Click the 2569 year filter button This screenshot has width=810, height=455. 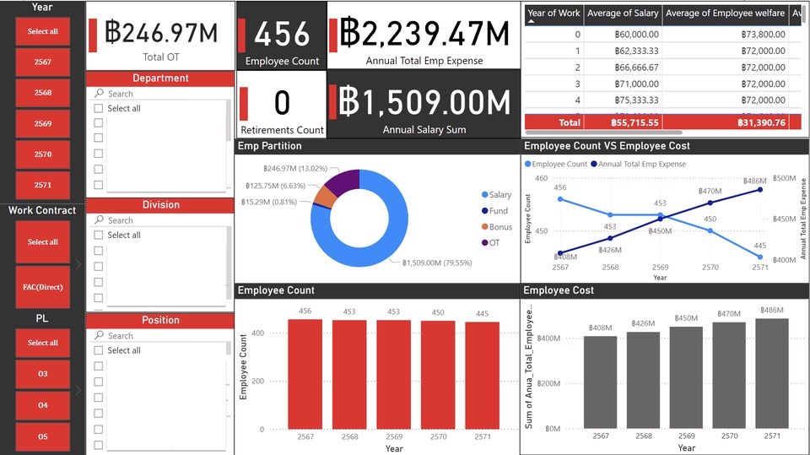(42, 123)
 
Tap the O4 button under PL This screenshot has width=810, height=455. (42, 405)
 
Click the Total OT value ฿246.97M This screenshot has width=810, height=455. (161, 33)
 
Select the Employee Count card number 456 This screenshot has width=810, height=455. (282, 35)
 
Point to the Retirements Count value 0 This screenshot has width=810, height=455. (282, 103)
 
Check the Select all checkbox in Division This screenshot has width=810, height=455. (99, 235)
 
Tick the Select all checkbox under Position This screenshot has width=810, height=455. (99, 350)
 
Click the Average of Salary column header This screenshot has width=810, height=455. (621, 13)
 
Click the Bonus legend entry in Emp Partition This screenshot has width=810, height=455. (499, 226)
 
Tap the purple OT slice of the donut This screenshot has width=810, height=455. (344, 181)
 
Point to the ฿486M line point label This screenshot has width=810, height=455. (754, 181)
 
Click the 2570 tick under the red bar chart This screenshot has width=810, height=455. (439, 436)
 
